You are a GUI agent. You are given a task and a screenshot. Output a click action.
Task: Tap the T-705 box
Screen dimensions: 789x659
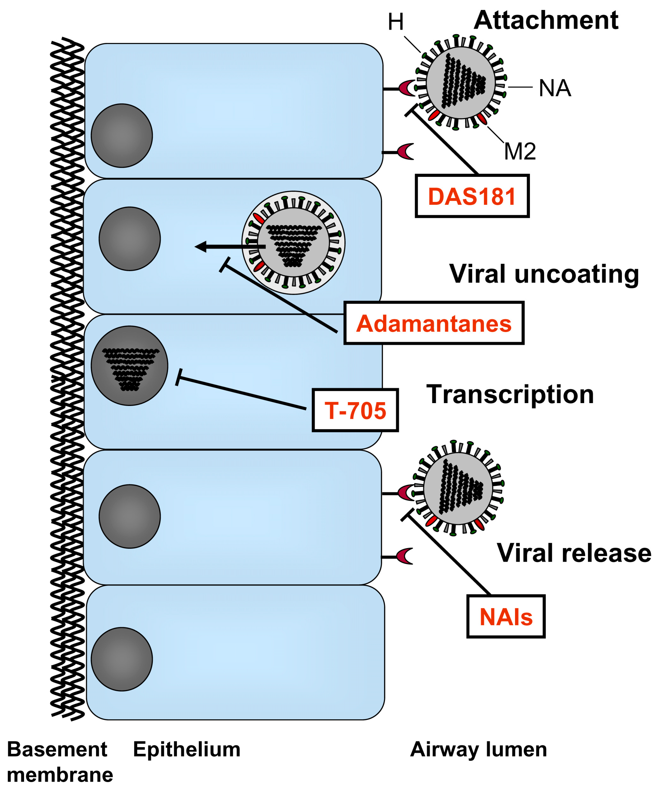[x=355, y=410]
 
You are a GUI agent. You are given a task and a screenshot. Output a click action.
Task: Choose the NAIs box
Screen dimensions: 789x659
[x=506, y=616]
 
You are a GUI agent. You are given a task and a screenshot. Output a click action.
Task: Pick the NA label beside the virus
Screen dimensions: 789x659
[x=554, y=88]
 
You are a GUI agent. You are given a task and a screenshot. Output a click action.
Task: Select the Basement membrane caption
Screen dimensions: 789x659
[x=59, y=762]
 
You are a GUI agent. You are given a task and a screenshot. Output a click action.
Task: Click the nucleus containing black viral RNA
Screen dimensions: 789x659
[x=130, y=366]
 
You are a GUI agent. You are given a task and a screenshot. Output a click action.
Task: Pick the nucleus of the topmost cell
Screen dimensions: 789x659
[x=122, y=136]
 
